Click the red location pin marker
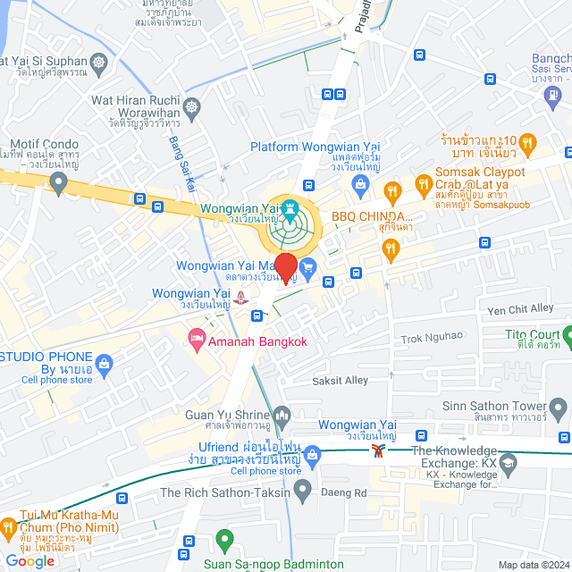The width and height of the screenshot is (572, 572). (x=285, y=268)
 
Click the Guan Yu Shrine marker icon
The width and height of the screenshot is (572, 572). (x=283, y=414)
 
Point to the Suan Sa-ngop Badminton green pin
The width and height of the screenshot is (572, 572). (x=224, y=541)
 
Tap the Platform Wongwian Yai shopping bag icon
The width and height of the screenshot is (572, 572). (x=360, y=185)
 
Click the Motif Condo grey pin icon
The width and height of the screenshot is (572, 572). (x=59, y=184)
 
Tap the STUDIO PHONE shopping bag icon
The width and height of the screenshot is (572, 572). (x=104, y=362)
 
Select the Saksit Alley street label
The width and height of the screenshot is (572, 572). (x=340, y=380)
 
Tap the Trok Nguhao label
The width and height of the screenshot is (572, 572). (x=432, y=336)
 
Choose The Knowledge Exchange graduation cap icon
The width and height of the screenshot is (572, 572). (x=508, y=463)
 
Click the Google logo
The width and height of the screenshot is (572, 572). (x=30, y=560)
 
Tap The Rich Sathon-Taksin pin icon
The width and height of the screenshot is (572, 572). (x=303, y=490)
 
